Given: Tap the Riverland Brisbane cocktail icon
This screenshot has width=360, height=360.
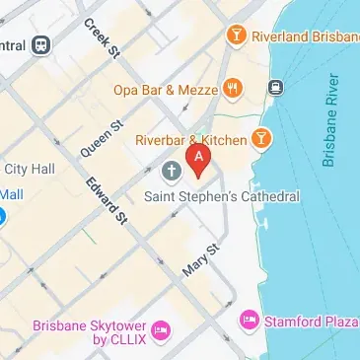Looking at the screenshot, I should point(236,36).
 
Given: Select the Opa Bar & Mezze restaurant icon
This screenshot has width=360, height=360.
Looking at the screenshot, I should point(233,89).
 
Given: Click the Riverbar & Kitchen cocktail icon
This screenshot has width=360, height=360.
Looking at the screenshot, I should point(262,139).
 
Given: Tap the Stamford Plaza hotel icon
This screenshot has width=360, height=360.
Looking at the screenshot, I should point(249,321).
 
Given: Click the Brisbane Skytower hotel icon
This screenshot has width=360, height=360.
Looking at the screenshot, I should point(162,327).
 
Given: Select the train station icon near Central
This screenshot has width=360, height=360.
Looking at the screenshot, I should point(40,45).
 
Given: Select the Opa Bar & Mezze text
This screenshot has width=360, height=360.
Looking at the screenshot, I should point(163,90).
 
